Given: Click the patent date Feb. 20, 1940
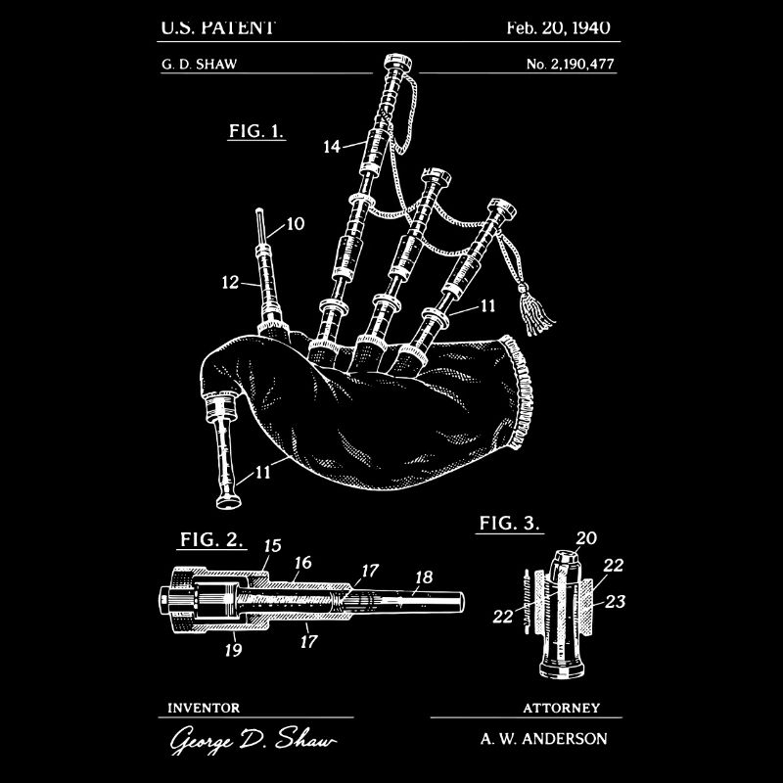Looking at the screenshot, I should click(x=558, y=26).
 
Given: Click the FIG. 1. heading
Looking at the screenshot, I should click(x=256, y=130).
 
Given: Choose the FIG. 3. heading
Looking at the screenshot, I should click(x=510, y=524).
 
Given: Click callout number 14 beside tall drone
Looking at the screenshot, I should click(x=332, y=146).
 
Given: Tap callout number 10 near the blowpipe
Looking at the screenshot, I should click(x=296, y=224).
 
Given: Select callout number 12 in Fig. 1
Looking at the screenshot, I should click(x=230, y=282).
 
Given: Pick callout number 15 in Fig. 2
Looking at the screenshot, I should click(x=273, y=545).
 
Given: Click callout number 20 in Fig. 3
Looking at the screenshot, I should click(x=586, y=537).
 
